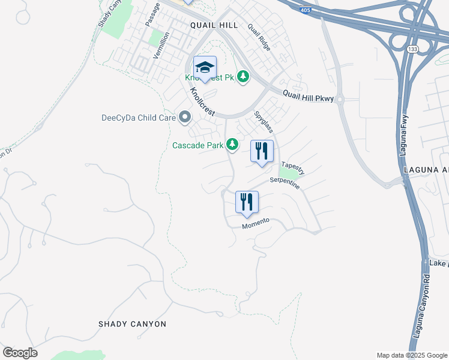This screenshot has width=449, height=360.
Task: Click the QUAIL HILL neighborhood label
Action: (x=214, y=25)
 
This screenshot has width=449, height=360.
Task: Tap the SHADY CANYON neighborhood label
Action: (x=132, y=324)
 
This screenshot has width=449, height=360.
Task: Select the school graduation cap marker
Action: (x=205, y=67)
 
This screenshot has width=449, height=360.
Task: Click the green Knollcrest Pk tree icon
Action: (x=243, y=77)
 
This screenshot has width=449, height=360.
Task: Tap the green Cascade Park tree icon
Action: (x=232, y=145)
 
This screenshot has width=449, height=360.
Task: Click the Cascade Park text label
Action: (x=197, y=145)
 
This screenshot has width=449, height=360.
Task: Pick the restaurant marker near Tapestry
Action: (x=262, y=151)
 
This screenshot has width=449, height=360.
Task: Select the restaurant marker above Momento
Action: (x=247, y=202)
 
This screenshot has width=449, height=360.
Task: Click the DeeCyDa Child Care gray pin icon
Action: (x=185, y=117)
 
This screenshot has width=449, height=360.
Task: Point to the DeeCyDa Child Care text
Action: (x=138, y=118)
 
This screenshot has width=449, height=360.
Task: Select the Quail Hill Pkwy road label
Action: (x=309, y=94)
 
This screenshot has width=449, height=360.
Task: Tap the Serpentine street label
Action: (x=285, y=183)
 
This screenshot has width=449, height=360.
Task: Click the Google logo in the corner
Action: (x=20, y=353)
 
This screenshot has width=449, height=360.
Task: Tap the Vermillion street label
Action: (x=160, y=45)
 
